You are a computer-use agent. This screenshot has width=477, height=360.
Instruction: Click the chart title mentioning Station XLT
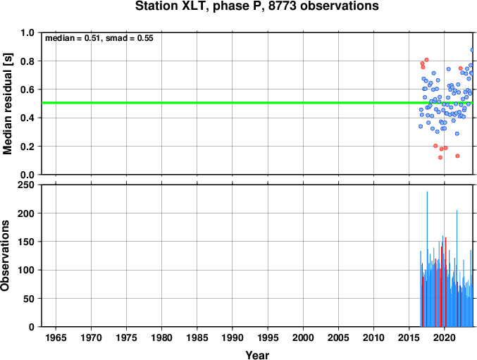257,6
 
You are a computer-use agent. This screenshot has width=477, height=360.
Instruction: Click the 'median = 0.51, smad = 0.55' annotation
99,38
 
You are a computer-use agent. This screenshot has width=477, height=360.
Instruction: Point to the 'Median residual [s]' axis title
7,104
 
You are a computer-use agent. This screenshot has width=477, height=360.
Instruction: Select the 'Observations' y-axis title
5,256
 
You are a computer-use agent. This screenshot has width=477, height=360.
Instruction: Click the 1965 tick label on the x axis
56,337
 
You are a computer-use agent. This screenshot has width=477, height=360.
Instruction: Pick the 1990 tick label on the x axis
233,337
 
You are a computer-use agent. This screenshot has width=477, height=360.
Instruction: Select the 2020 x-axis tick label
445,337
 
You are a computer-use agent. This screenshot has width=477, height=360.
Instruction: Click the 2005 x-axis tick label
338,337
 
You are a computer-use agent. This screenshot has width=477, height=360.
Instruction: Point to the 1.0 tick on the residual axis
27,32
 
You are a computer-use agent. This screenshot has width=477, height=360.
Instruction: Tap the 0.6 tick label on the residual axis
27,89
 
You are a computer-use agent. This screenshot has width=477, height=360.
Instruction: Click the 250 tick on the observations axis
26,185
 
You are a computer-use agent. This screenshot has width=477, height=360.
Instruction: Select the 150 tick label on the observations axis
26,242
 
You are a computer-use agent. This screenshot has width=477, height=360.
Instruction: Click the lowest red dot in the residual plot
440,158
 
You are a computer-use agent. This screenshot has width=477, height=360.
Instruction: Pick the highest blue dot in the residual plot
472,50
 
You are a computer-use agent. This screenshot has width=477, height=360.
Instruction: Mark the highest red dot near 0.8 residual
426,60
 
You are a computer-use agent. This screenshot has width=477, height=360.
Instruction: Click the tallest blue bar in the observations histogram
427,259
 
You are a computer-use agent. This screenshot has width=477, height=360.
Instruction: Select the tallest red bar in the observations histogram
446,283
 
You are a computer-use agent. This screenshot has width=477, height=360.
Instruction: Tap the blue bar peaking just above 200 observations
457,268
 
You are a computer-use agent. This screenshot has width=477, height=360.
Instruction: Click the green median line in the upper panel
257,103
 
